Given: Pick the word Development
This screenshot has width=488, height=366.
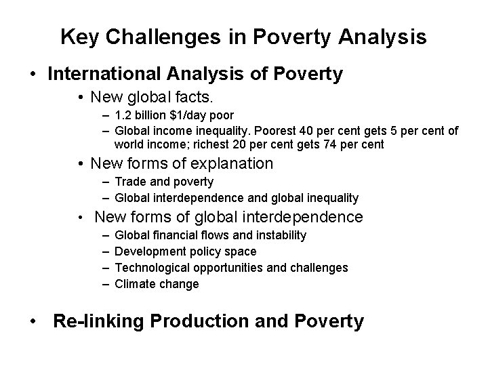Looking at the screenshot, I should pyautogui.click(x=148, y=251).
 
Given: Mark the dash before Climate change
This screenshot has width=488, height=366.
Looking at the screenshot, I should pyautogui.click(x=106, y=284).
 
